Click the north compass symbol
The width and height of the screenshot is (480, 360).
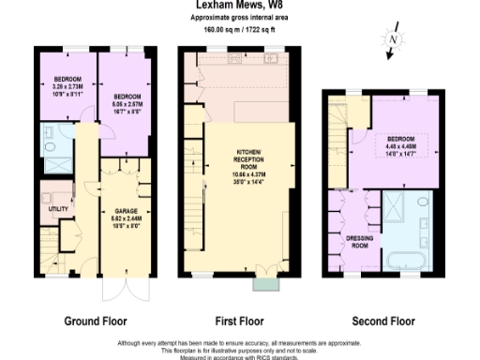coord(393,43)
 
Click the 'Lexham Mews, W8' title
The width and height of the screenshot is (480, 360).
coord(240,6)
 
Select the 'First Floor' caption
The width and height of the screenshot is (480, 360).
coord(240,321)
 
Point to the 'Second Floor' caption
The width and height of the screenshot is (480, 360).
coord(382,321)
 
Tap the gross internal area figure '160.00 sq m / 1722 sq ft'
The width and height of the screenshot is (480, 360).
coord(240,28)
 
